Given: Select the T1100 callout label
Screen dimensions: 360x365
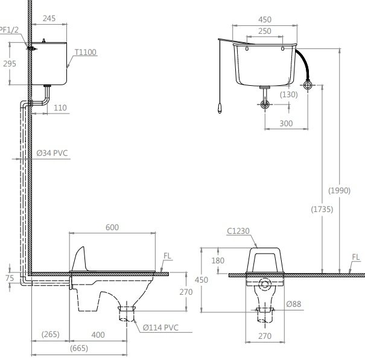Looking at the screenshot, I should coord(86,53).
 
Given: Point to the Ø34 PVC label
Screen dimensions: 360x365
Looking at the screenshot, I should coord(53,154).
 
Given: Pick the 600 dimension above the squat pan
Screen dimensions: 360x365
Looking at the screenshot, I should coord(112,227).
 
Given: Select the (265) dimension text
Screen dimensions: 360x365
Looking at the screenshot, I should coord(50,334).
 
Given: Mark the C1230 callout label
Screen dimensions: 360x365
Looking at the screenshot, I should coord(238,230).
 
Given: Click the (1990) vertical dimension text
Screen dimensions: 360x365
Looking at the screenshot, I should coord(339,191).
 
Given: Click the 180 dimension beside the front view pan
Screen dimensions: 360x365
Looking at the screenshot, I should coord(218,260).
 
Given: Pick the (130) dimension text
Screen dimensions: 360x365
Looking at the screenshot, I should coord(290,94).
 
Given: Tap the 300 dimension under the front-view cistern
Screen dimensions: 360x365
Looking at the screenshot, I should coord(286,123).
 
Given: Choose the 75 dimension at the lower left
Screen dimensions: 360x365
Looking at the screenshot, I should coord(8,278).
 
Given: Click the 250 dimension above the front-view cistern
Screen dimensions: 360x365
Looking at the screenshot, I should coord(264,31).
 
